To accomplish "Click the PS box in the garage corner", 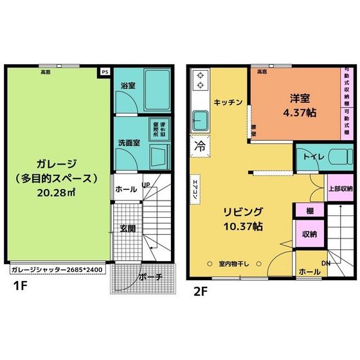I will point(104,73).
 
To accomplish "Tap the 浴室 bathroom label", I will point(125,85).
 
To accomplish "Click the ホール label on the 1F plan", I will point(125,190).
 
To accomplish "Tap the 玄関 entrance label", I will point(127,228).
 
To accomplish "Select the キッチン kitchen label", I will point(228,102).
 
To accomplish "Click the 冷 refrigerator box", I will point(200,145).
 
